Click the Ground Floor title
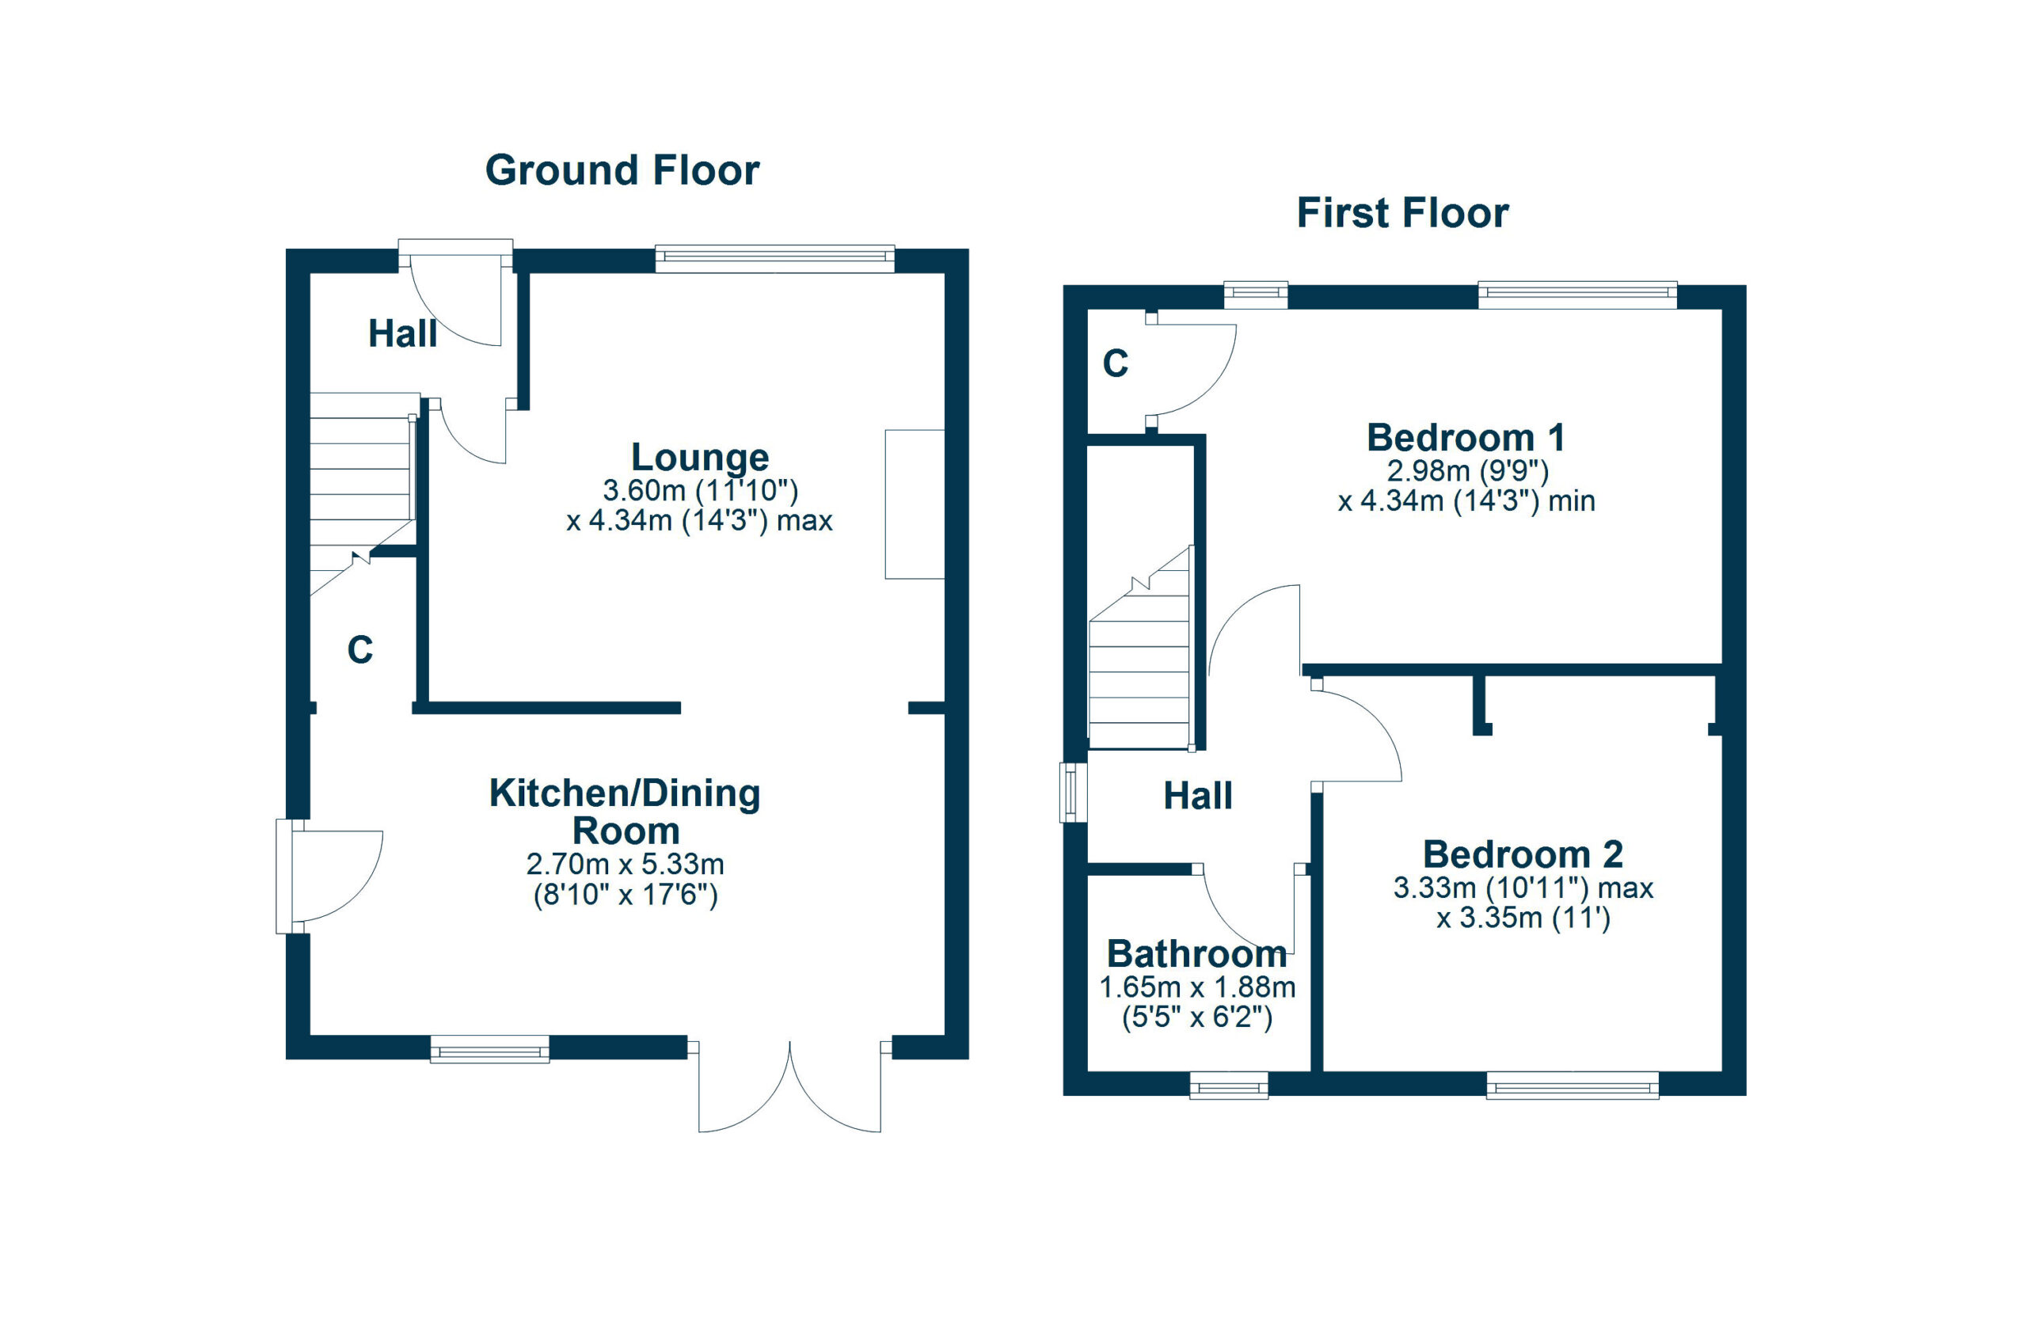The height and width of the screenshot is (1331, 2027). tap(622, 170)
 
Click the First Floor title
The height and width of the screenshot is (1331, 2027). tap(1401, 213)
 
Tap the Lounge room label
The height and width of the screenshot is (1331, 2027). tap(699, 458)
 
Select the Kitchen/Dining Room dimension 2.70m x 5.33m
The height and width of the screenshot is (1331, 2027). tap(626, 865)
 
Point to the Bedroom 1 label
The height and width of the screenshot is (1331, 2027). tap(1465, 438)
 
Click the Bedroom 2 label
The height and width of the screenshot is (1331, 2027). tap(1523, 854)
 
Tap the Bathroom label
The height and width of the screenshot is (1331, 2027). tap(1196, 954)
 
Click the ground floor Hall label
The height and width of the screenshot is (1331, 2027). tap(402, 334)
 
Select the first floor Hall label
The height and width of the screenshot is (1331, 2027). tap(1197, 797)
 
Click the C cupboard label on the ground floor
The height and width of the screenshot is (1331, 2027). tap(359, 651)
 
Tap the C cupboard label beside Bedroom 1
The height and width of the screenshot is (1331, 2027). tap(1115, 363)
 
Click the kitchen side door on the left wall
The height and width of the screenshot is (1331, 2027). tap(332, 877)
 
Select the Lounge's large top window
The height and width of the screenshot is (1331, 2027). tap(774, 259)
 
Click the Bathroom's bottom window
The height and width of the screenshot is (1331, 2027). tap(1228, 1086)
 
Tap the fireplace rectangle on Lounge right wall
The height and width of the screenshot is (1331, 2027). tap(914, 504)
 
